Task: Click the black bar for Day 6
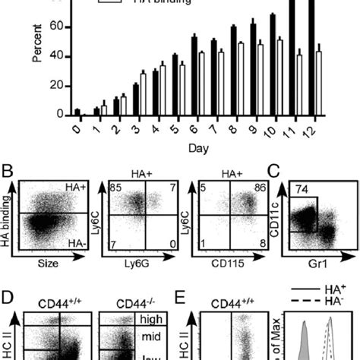[194, 76]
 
